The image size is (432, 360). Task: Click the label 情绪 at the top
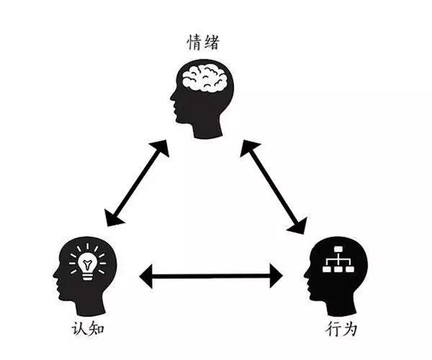[x=203, y=42]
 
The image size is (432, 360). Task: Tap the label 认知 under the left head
[x=88, y=328]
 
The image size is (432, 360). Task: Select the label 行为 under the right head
[x=341, y=328]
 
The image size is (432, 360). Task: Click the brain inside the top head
[x=204, y=77]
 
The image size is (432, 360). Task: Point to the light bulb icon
[x=87, y=262]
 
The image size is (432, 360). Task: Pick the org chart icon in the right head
[x=338, y=259]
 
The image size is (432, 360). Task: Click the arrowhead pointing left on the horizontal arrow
[x=146, y=276]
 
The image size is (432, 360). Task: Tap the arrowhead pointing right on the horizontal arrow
[x=276, y=276]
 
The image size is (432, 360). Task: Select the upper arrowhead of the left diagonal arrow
[x=161, y=148]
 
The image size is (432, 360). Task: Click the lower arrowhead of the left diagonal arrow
[x=113, y=218]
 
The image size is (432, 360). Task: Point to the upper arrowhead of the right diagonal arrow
[x=248, y=148]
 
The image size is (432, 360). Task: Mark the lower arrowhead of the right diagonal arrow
[x=299, y=225]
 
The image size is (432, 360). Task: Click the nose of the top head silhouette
[x=173, y=96]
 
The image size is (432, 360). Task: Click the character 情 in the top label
[x=195, y=42]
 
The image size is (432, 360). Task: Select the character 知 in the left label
[x=96, y=328]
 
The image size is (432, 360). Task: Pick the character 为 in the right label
[x=349, y=328]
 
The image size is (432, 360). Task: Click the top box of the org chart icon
[x=338, y=249]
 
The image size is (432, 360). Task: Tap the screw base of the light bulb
[x=87, y=276]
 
